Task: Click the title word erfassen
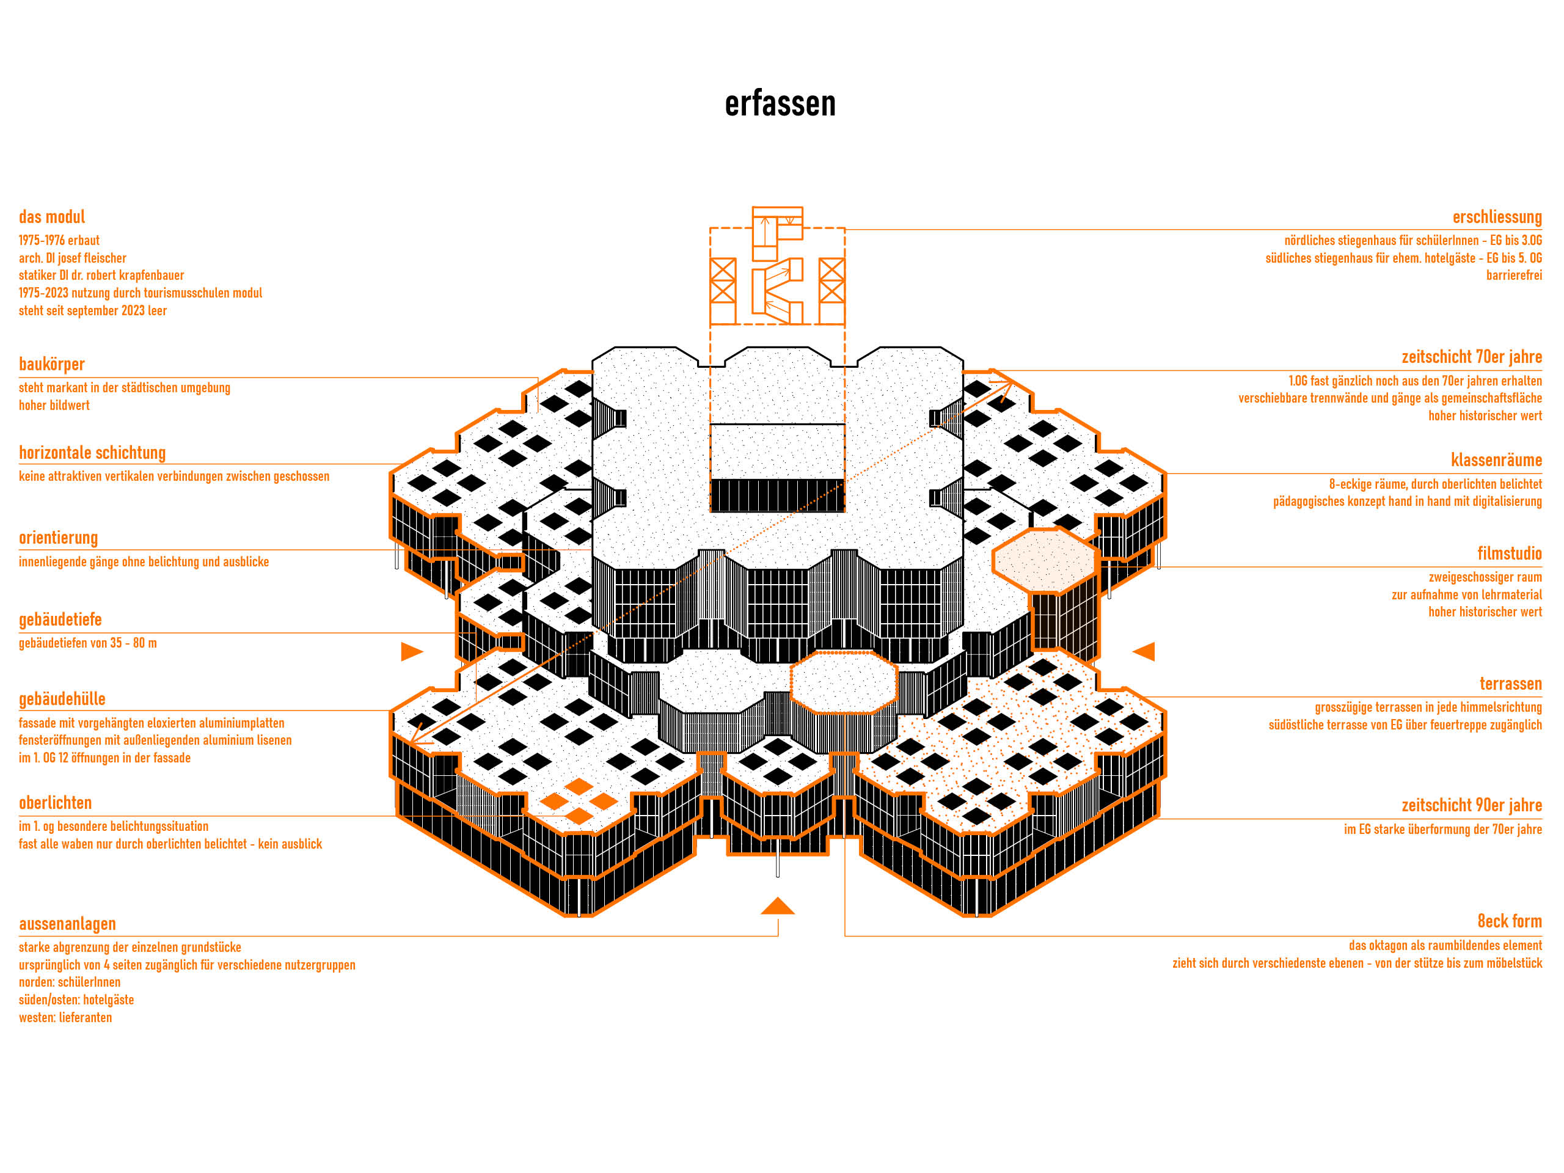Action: click(780, 104)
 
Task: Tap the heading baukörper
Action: click(51, 364)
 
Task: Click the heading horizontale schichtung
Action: click(92, 453)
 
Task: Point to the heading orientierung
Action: click(58, 538)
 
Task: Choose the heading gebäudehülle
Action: click(62, 698)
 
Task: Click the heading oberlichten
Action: click(55, 803)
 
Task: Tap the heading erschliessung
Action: click(1497, 217)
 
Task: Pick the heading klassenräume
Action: click(1496, 459)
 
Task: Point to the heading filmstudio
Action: click(1509, 553)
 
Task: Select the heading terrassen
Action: click(1510, 683)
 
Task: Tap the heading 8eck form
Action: click(1509, 921)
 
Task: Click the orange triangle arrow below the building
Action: click(777, 907)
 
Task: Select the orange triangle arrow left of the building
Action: click(410, 651)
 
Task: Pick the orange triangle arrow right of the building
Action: click(1146, 651)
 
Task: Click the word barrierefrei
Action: click(1513, 275)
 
